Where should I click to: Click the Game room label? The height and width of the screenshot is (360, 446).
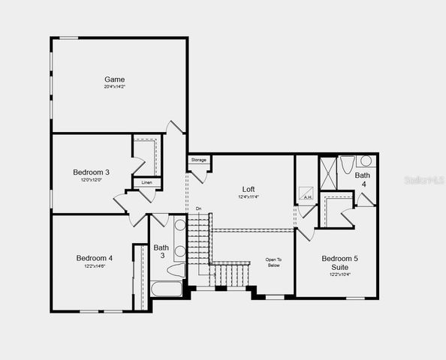pyautogui.click(x=115, y=79)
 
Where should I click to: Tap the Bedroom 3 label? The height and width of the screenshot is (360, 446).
pyautogui.click(x=92, y=172)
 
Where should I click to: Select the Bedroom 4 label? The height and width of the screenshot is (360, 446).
pyautogui.click(x=95, y=259)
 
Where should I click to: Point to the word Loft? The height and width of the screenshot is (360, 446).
pyautogui.click(x=249, y=189)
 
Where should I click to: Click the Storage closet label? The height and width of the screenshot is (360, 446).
pyautogui.click(x=198, y=160)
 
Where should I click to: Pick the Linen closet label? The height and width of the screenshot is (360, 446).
pyautogui.click(x=146, y=182)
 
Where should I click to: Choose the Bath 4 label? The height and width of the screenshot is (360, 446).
pyautogui.click(x=362, y=179)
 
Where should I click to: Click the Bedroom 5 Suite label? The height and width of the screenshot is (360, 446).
pyautogui.click(x=340, y=262)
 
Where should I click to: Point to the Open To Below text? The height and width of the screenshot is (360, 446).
pyautogui.click(x=273, y=262)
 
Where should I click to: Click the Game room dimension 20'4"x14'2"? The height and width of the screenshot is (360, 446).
pyautogui.click(x=115, y=87)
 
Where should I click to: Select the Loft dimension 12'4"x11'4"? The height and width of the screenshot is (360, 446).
pyautogui.click(x=249, y=197)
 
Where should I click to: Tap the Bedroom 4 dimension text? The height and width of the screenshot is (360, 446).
pyautogui.click(x=95, y=267)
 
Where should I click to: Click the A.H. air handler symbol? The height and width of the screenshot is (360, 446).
pyautogui.click(x=307, y=198)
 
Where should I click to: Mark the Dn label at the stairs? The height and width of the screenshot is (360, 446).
pyautogui.click(x=198, y=208)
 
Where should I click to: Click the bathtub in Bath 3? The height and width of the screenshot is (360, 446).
pyautogui.click(x=166, y=288)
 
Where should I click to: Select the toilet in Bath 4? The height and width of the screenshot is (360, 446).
pyautogui.click(x=348, y=163)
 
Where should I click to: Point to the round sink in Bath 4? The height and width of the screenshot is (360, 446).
pyautogui.click(x=366, y=160)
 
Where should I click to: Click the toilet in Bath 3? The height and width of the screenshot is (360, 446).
pyautogui.click(x=176, y=270)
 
